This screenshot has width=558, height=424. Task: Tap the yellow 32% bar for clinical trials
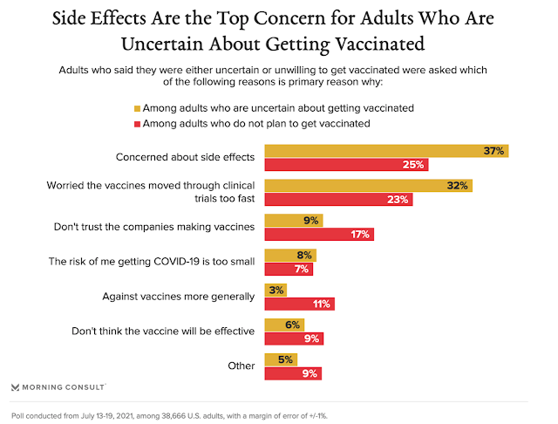click(x=366, y=185)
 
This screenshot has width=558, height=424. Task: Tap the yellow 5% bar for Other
click(x=279, y=359)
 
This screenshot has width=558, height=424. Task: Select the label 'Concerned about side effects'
click(x=185, y=158)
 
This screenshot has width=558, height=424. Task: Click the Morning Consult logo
click(x=58, y=386)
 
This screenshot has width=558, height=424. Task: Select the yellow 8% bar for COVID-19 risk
click(x=289, y=255)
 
